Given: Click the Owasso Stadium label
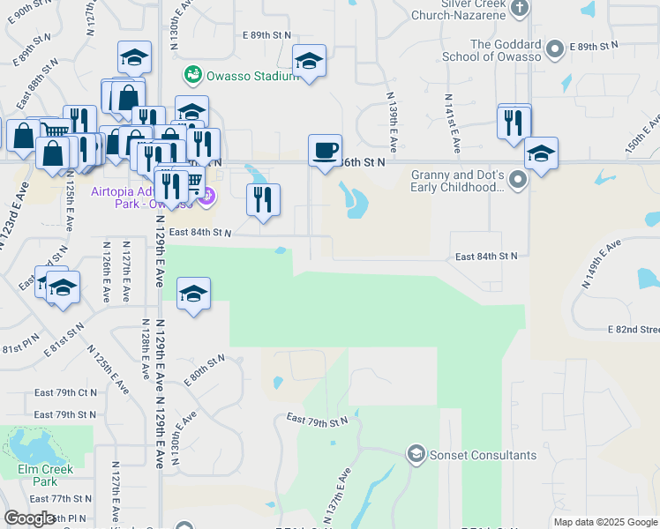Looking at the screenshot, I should (x=251, y=76).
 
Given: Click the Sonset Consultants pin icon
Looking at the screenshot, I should (x=415, y=455).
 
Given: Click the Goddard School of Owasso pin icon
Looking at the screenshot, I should (x=555, y=49).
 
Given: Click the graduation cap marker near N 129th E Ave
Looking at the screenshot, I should (x=193, y=294).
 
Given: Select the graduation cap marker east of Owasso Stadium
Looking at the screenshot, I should (x=309, y=61).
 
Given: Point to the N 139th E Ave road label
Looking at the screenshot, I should (x=390, y=120).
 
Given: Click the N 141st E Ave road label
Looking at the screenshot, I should (x=452, y=123).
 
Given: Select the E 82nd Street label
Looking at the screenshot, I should (x=633, y=330).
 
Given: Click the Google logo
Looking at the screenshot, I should (x=29, y=518).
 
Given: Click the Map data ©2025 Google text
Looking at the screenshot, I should (x=604, y=522).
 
